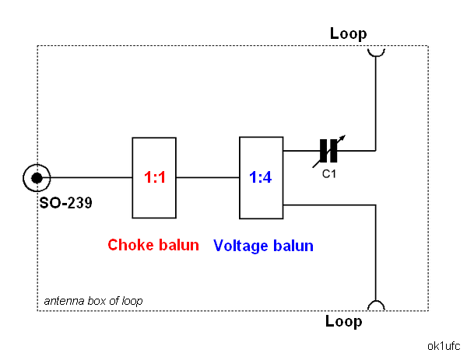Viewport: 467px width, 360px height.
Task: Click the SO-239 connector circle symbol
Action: [35, 178]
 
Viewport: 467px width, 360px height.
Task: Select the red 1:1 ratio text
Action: [155, 177]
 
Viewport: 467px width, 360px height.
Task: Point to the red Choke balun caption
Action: [153, 245]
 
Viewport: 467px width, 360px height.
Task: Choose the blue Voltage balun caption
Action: [263, 246]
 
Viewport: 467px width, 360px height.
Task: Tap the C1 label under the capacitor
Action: [330, 173]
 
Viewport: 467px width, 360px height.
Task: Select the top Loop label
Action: [348, 33]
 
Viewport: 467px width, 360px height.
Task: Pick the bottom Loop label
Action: [344, 321]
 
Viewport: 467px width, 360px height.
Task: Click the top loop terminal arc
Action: [377, 51]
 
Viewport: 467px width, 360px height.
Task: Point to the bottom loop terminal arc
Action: [376, 305]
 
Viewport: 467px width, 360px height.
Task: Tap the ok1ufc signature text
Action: [444, 344]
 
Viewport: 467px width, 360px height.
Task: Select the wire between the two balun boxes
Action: [209, 178]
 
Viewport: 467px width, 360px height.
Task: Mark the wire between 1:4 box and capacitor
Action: [301, 150]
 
